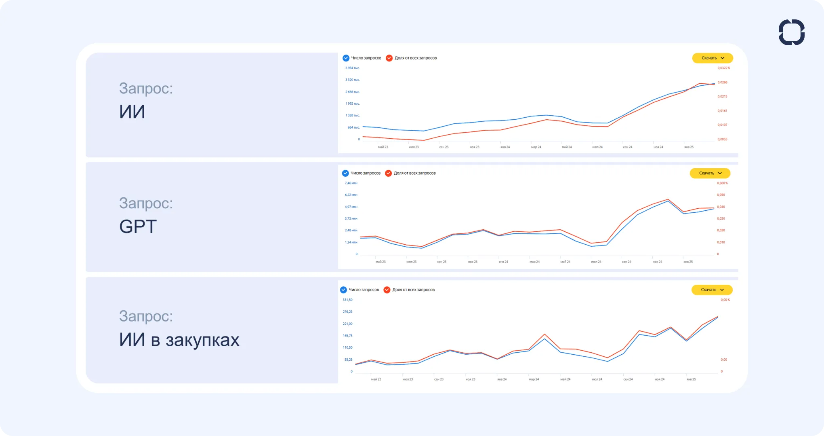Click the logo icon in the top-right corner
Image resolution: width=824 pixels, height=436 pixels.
[x=791, y=32]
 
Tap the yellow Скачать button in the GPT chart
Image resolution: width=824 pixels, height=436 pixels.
[x=710, y=173]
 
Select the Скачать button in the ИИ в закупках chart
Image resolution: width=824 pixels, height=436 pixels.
[x=712, y=290]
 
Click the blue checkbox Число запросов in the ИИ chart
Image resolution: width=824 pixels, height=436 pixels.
[x=346, y=58]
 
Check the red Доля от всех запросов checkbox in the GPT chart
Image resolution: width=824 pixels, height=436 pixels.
[x=389, y=173]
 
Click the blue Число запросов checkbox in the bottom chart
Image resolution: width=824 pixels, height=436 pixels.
[x=344, y=290]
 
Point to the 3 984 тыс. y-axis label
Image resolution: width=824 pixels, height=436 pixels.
[x=352, y=68]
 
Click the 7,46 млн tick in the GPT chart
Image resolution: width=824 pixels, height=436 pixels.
[x=351, y=183]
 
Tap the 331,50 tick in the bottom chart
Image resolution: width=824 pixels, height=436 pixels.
[x=347, y=300]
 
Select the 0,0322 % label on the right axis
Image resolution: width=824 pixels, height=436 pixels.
[x=723, y=68]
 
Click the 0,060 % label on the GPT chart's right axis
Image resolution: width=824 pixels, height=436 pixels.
[x=722, y=183]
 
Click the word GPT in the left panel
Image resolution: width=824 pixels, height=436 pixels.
[x=138, y=226]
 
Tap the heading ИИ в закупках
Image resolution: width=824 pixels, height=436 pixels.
[x=179, y=340]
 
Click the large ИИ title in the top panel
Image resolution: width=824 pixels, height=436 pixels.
[x=132, y=112]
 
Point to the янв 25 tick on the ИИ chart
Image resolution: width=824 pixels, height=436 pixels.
[x=689, y=147]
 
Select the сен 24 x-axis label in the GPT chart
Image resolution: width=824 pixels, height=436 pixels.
[x=626, y=262]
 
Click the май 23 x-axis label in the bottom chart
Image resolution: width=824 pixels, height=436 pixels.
[x=376, y=379]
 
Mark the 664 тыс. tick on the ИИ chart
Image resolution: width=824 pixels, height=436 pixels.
[x=353, y=127]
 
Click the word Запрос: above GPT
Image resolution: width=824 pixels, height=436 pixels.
[x=146, y=203]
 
